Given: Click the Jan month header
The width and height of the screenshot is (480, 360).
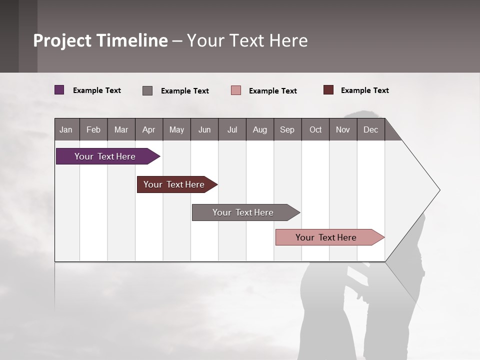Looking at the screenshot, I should (x=66, y=129).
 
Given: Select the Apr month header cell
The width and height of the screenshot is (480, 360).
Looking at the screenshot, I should (x=149, y=129).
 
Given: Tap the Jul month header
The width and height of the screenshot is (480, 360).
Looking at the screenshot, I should (x=232, y=129).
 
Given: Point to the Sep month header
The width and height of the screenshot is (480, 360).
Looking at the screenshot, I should (x=287, y=129).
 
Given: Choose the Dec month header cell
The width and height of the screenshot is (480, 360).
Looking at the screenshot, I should (x=370, y=129).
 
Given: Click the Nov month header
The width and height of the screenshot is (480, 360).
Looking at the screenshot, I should (x=343, y=129).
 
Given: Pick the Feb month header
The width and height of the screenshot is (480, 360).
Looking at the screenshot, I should (x=93, y=129).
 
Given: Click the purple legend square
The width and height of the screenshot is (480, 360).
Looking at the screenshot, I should (x=59, y=90).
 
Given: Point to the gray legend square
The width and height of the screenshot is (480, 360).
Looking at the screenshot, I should (x=147, y=90).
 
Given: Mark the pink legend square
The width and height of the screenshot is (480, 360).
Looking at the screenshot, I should (x=236, y=90).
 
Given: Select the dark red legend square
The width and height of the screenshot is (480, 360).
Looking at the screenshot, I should (x=328, y=90).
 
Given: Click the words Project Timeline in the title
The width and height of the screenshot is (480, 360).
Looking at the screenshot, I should (x=100, y=40).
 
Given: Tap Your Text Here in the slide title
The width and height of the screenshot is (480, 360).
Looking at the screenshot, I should (x=247, y=40).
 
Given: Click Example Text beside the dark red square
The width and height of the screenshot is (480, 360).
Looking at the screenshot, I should (x=364, y=90).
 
